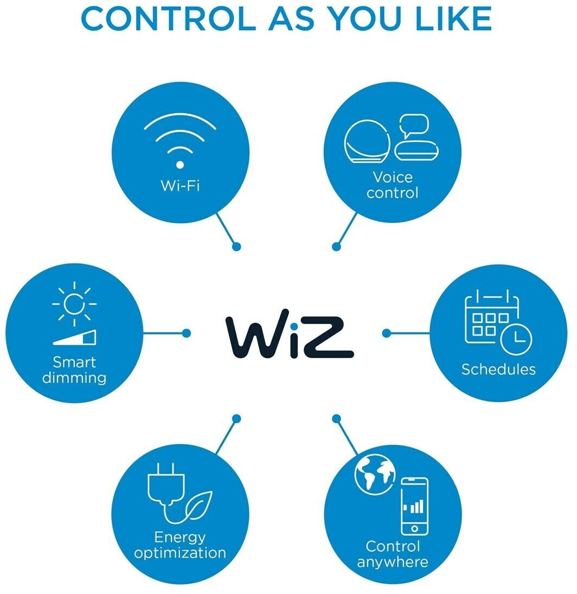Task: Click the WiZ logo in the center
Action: [x=289, y=334]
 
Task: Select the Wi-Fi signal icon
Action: [x=179, y=140]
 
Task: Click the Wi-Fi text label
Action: [x=180, y=185]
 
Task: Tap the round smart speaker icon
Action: [x=367, y=141]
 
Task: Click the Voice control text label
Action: [x=393, y=185]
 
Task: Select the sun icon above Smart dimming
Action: [x=74, y=304]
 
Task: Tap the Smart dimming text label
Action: [x=74, y=370]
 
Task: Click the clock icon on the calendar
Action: [x=516, y=339]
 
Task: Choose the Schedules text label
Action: [x=498, y=370]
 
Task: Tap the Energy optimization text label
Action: [x=180, y=546]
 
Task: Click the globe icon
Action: [x=375, y=475]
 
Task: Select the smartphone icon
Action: [x=415, y=507]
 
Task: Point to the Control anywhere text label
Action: [x=393, y=554]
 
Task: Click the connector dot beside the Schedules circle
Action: [x=386, y=333]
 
